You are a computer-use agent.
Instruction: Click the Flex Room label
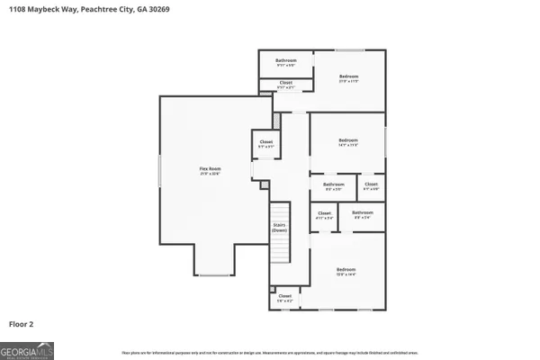pos(210,168)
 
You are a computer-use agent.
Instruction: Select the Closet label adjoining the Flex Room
pos(266,143)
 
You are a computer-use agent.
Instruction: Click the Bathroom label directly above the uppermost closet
pos(285,62)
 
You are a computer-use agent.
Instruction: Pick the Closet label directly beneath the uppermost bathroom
pos(285,85)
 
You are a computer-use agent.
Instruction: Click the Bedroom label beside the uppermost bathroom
pos(349,77)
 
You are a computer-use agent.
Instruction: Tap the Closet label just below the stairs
pos(284,297)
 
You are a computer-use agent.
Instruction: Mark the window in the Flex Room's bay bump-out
pos(214,274)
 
